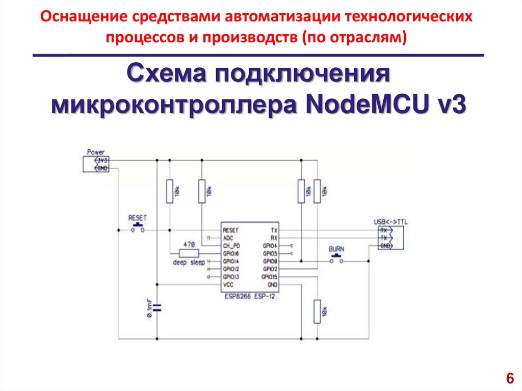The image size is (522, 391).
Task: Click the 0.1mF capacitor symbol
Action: coord(157,307)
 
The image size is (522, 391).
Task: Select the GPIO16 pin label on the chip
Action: coord(231,253)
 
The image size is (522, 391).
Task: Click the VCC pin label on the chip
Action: coord(228,284)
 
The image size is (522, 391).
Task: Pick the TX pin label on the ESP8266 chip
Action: coord(274,230)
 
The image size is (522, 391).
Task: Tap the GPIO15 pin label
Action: coord(270,277)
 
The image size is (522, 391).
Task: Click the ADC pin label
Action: coord(228,238)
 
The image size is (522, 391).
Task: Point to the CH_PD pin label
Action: coord(230,246)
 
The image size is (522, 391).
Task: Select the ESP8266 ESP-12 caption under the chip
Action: coord(249,295)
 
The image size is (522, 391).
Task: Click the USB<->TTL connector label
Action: coord(391,221)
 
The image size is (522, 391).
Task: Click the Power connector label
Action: coord(95,152)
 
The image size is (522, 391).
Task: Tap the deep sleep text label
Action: coord(189,263)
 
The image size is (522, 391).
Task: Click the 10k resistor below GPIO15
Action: coord(317,310)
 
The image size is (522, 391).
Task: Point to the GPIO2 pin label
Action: coord(270,269)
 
